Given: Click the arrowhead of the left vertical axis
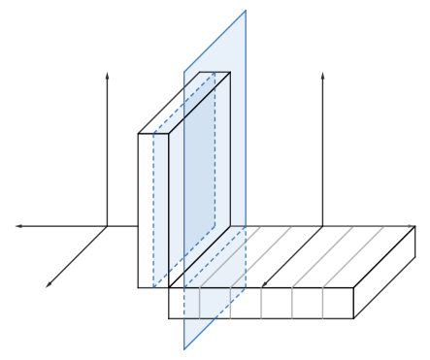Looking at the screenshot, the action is click(x=107, y=74).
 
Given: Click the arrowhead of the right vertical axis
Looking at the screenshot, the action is click(x=322, y=74).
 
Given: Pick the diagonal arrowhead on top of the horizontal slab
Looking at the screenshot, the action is click(x=265, y=284).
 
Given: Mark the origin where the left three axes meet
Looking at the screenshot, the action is click(x=107, y=226).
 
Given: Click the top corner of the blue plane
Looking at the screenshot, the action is click(x=246, y=11).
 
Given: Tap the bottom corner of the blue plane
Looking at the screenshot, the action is click(x=184, y=350).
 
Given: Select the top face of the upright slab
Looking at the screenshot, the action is click(x=183, y=102).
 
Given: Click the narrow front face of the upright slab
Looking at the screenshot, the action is click(x=153, y=209).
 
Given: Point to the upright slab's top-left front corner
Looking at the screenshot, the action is click(x=139, y=133).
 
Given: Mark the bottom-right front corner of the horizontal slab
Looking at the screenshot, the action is click(x=354, y=318).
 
